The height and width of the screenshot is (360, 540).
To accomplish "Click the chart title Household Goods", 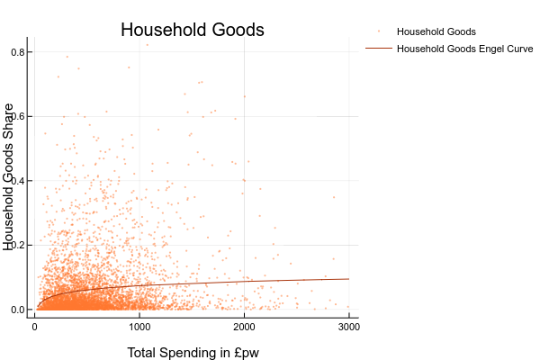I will pos(193,30).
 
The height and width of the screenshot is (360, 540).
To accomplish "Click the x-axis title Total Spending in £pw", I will pos(193,352).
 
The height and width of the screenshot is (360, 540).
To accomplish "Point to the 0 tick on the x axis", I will pos(34,328).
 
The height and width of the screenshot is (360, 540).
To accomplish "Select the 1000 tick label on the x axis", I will pos(139,328).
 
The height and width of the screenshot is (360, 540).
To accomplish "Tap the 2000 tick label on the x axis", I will pos(244,328).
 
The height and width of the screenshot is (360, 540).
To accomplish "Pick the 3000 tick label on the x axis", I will pos(348,328).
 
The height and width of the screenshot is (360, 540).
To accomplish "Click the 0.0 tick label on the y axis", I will pos(16,310).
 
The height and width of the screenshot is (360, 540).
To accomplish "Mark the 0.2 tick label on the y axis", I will pos(16,245).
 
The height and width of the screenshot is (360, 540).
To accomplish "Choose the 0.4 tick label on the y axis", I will pos(16,181).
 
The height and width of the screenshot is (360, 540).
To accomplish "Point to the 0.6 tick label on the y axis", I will pos(16,116).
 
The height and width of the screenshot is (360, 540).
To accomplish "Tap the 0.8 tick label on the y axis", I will pos(16,52).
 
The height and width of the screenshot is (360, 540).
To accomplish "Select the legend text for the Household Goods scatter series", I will pos(436,31).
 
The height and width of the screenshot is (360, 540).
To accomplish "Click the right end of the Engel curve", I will pos(348,279).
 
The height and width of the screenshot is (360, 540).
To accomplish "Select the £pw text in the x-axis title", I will pos(244,353).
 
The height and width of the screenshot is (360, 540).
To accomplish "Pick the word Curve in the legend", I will pos(519,49).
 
